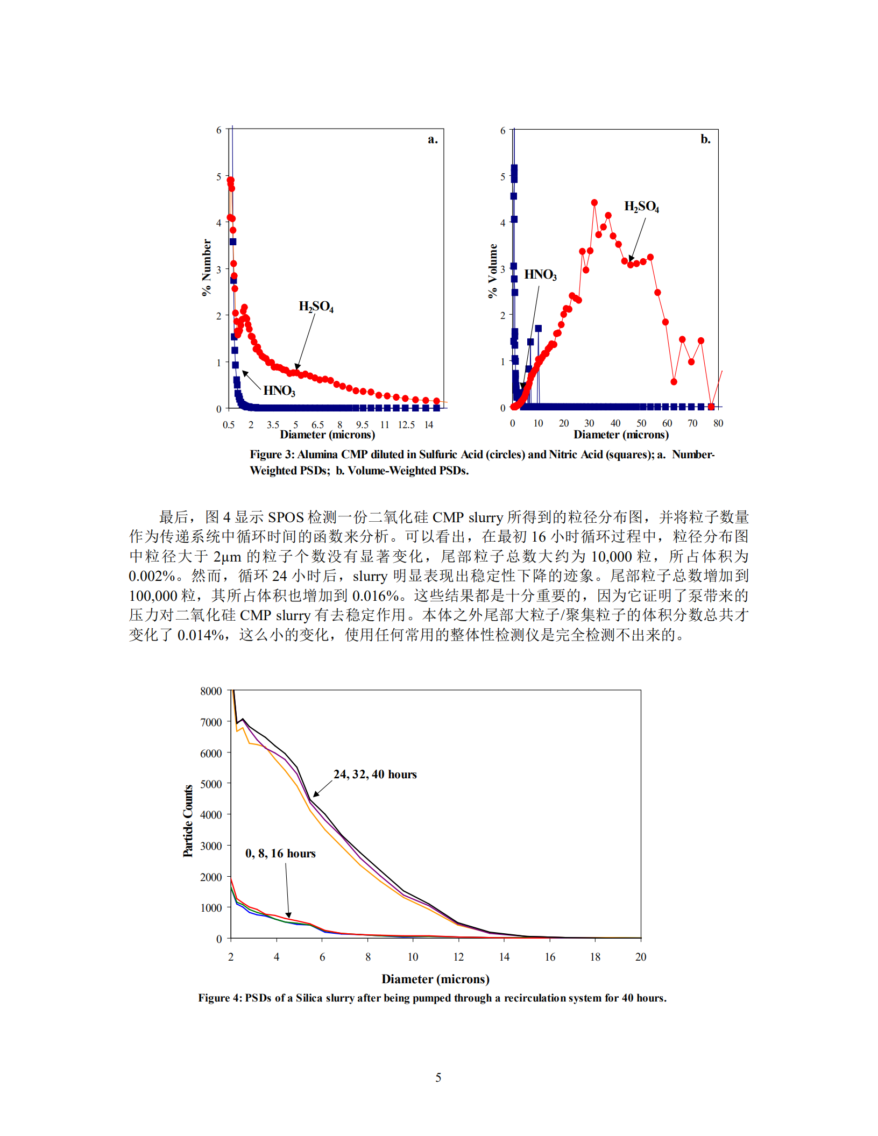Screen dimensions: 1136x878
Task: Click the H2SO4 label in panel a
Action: (316, 307)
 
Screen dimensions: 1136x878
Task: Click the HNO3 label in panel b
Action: (540, 275)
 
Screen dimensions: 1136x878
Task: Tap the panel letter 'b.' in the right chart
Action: (705, 139)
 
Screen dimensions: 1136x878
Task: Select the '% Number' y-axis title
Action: (207, 268)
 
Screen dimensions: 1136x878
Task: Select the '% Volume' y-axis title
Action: (492, 271)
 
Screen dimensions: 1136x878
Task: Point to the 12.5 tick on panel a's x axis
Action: (406, 425)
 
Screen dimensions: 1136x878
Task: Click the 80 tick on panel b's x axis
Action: (718, 423)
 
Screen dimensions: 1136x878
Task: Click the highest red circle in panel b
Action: (594, 203)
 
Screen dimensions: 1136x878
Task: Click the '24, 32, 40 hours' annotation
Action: (375, 775)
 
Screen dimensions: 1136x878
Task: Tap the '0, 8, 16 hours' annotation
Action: (280, 854)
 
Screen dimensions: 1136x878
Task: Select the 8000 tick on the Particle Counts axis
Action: (211, 691)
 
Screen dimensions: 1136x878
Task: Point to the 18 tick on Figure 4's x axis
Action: (595, 957)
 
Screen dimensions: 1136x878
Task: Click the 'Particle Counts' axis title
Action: (188, 821)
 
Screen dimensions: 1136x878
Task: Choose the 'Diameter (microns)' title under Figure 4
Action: (435, 979)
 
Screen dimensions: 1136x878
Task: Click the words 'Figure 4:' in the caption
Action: (220, 998)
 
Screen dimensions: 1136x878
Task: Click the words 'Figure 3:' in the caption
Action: (272, 455)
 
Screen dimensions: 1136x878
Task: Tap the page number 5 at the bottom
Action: (438, 1077)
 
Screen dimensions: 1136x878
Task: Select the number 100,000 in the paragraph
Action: (153, 596)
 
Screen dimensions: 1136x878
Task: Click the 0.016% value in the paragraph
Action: (376, 596)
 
